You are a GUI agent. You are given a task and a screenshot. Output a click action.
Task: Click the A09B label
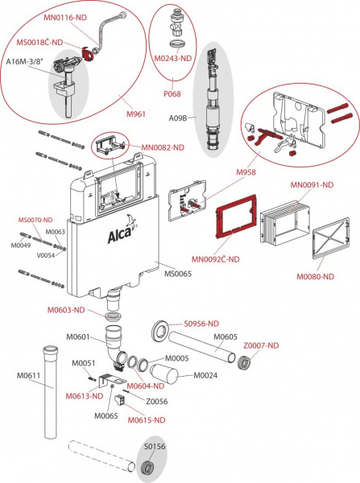176,117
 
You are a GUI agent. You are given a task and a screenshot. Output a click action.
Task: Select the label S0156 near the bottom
152,444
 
